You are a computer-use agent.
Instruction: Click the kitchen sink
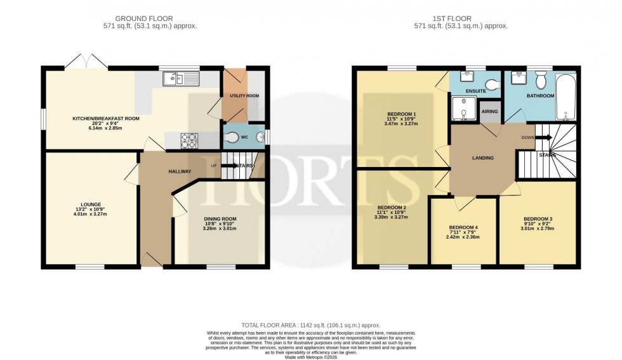click(x=181, y=79)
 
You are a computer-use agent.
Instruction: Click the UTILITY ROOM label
click(x=244, y=97)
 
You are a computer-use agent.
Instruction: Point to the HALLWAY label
click(x=180, y=171)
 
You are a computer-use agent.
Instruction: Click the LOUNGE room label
click(x=91, y=204)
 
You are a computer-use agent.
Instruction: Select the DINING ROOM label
click(x=220, y=219)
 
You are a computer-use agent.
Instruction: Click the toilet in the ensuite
click(x=491, y=84)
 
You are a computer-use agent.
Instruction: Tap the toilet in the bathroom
click(x=541, y=81)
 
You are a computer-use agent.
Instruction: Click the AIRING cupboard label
click(x=489, y=112)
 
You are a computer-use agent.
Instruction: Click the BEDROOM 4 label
click(x=463, y=227)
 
